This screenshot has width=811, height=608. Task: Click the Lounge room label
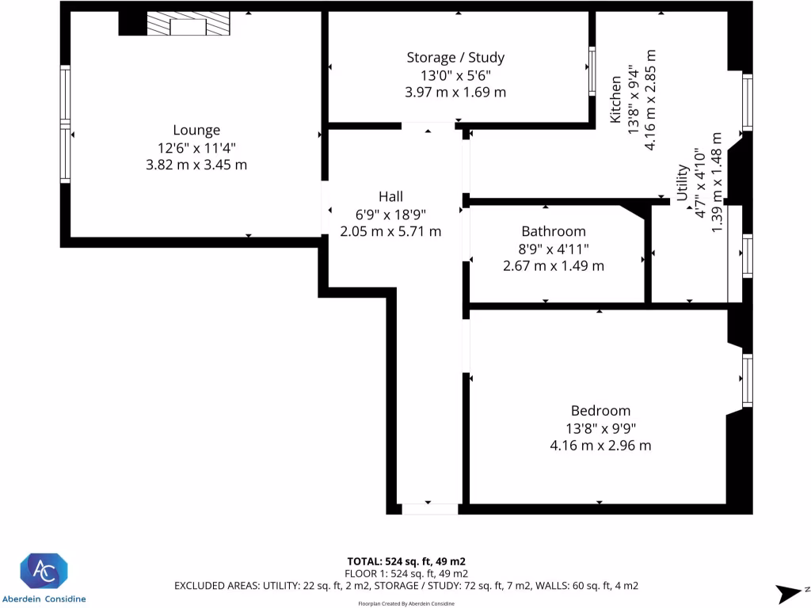(196, 130)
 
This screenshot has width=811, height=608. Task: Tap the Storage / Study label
(455, 57)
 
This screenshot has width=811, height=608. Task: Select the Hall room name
(390, 196)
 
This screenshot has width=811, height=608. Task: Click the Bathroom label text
(553, 231)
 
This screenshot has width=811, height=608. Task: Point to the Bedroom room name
(600, 410)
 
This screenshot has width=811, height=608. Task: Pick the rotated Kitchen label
(615, 100)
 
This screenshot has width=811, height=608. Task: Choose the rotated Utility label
(681, 184)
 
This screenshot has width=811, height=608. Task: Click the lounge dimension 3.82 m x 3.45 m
(196, 165)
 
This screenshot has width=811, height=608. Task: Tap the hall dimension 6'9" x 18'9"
(390, 214)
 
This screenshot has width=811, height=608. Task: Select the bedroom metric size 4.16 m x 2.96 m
(600, 445)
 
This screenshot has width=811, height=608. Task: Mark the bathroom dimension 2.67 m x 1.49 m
(553, 266)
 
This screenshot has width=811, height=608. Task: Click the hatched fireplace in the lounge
(188, 25)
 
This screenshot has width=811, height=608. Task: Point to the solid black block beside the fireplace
(132, 24)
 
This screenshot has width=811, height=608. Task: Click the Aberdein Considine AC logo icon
(44, 571)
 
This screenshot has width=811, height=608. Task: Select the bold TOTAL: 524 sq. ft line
(406, 561)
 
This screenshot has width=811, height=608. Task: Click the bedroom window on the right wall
(747, 382)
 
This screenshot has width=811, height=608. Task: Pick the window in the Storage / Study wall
(592, 70)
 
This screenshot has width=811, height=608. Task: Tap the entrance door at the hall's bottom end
(429, 508)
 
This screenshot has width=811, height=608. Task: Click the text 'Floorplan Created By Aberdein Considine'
(406, 603)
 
